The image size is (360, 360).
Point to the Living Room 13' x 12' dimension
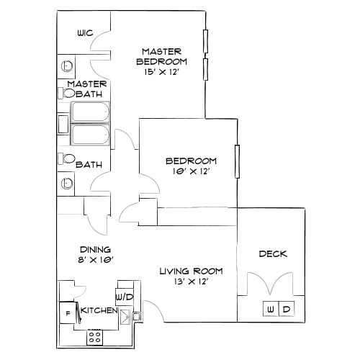[191, 282]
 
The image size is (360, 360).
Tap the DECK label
[273, 253]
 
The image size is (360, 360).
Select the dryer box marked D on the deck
[286, 309]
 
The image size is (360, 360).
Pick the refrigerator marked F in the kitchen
[68, 312]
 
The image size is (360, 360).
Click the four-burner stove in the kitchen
[94, 335]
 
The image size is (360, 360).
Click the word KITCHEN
[99, 310]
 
